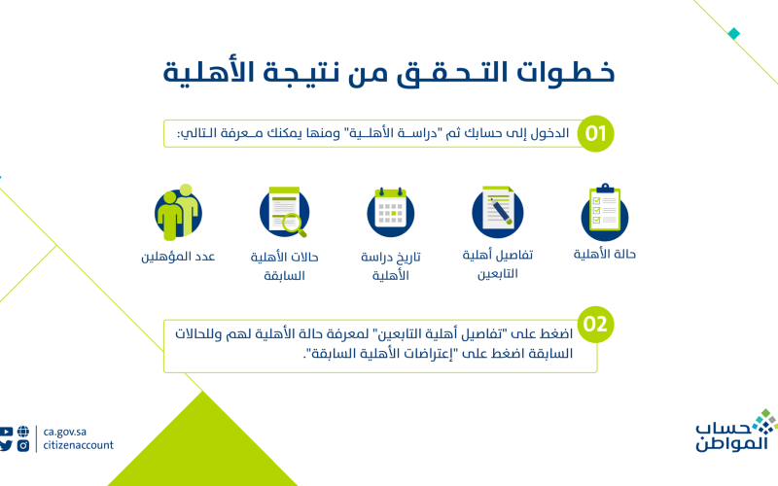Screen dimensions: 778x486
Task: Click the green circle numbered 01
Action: [x=595, y=133]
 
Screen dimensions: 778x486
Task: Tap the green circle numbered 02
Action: [x=595, y=325]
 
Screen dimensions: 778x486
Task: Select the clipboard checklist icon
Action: [x=605, y=212]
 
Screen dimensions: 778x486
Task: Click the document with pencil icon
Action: [x=498, y=212]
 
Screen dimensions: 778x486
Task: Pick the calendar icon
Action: [x=391, y=212]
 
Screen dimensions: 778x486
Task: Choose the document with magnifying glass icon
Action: [x=284, y=212]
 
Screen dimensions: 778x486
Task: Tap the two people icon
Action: [x=178, y=212]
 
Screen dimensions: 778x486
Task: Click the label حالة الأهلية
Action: [x=604, y=254]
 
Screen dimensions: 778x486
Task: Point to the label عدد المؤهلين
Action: [x=178, y=257]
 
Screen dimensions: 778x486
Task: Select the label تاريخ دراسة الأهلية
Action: [x=391, y=265]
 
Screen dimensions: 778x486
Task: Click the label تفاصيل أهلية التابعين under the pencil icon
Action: [x=498, y=263]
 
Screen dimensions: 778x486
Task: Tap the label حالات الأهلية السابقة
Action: [x=284, y=265]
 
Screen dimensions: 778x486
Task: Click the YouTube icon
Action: [x=6, y=432]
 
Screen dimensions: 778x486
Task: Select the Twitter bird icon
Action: [x=6, y=445]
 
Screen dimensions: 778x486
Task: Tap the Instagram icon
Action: [x=23, y=445]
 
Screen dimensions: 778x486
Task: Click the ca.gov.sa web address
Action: [x=65, y=432]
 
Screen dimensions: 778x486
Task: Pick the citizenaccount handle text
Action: [x=79, y=445]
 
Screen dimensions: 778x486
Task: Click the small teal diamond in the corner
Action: [x=734, y=34]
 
